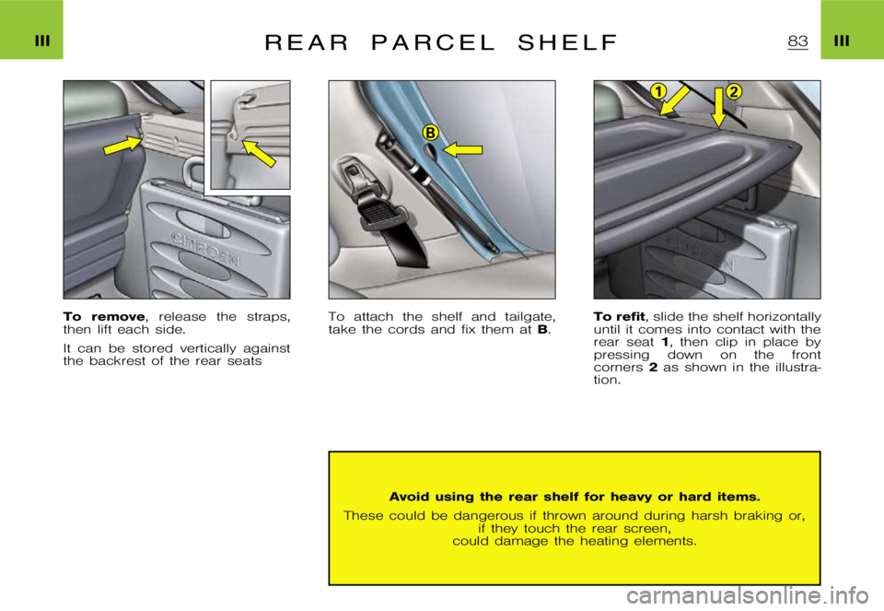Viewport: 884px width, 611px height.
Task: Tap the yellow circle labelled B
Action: (429, 134)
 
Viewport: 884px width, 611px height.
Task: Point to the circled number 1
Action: (657, 90)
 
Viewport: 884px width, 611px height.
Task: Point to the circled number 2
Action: (734, 90)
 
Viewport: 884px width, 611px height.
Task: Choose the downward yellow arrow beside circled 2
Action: (718, 108)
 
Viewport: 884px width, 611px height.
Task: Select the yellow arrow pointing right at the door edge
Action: (122, 145)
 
